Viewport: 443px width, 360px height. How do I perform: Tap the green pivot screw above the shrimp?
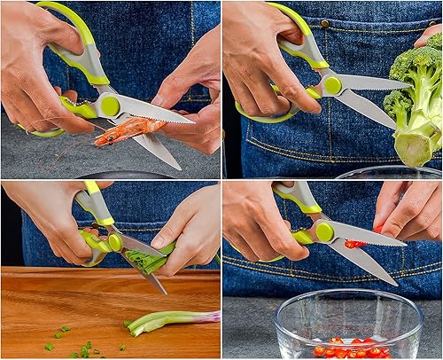110,106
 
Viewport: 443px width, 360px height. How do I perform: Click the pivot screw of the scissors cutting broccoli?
332,85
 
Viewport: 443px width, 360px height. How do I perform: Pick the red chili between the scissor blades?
354,244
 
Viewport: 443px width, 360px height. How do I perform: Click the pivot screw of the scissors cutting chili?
325,232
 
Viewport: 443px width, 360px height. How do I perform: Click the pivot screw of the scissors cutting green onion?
114,242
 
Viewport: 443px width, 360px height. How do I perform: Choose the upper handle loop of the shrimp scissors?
80,49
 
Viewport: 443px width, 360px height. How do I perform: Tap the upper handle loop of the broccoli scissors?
301,44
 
